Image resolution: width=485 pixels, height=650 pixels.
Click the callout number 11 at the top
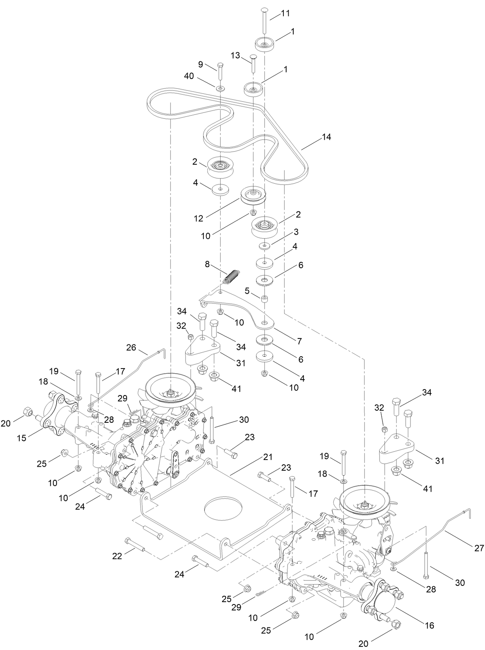click(285, 13)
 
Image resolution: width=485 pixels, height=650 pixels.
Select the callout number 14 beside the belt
click(326, 137)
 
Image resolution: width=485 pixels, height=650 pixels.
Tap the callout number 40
click(188, 76)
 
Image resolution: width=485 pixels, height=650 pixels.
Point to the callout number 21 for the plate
click(268, 457)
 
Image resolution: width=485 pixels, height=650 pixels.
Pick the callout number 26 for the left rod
click(131, 348)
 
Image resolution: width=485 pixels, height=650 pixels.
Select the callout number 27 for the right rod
click(479, 548)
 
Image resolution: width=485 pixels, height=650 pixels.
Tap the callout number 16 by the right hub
click(429, 625)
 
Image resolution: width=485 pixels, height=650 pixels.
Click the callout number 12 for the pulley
click(198, 218)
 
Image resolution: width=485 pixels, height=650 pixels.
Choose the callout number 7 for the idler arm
click(300, 341)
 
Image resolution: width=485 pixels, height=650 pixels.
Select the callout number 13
click(236, 56)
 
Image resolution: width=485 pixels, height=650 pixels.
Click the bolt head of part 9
click(221, 65)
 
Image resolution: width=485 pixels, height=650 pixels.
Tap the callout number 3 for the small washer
click(296, 232)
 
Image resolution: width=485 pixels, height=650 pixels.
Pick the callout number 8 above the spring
click(207, 264)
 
